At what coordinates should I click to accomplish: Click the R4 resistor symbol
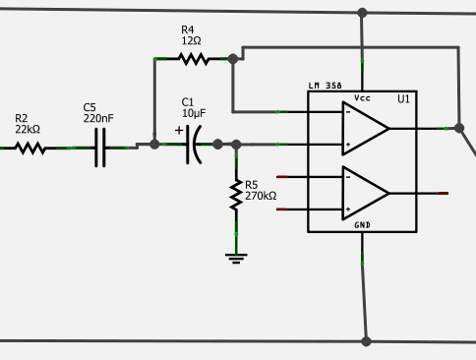point(194,59)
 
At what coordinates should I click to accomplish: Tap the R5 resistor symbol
point(236,194)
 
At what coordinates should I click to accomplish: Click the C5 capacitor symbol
point(99,149)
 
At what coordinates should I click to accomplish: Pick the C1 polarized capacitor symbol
point(198,145)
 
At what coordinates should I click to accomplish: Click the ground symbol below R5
point(236,258)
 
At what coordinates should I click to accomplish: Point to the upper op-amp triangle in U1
point(365,128)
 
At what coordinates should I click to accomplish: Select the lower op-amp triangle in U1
point(365,193)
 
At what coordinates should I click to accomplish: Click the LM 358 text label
point(326,87)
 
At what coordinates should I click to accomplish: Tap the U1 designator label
point(403,99)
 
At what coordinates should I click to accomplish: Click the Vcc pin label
point(363,98)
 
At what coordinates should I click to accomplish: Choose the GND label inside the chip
point(363,225)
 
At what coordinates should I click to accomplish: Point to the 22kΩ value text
point(28,130)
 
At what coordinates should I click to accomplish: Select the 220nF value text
point(98,118)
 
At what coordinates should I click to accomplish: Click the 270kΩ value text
point(261,196)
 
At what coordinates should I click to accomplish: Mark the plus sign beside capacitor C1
point(179,130)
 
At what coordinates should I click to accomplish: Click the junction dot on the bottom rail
point(366,341)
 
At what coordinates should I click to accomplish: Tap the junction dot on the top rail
point(362,14)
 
